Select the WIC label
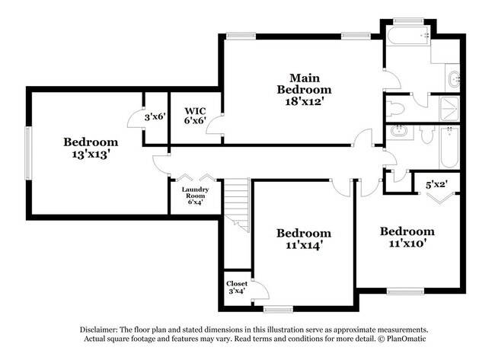coord(196,110)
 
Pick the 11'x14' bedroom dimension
coord(303,246)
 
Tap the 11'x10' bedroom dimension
coord(407,244)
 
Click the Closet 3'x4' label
coord(236,287)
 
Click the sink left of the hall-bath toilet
coord(399,132)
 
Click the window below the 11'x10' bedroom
coord(405,290)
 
